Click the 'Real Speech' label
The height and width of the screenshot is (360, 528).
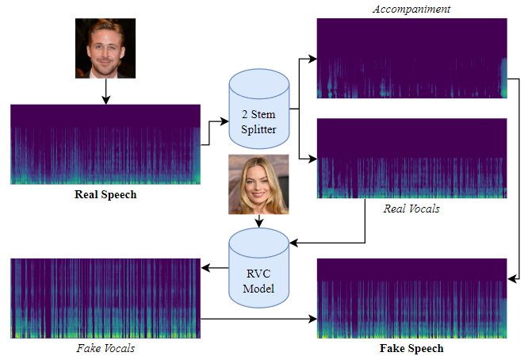105,195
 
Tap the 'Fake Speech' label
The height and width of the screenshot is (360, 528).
411,348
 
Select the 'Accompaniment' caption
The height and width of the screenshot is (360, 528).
411,8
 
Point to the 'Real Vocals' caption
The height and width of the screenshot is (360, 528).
411,209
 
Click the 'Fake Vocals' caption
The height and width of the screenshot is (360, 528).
105,348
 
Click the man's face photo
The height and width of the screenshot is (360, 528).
105,48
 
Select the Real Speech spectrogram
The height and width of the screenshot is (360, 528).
105,144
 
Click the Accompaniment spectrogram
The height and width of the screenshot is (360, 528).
411,57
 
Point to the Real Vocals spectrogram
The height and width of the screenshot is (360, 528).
411,159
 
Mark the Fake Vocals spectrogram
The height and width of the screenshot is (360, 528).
105,298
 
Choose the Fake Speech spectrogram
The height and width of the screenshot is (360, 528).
411,298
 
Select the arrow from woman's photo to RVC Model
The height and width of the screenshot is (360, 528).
257,221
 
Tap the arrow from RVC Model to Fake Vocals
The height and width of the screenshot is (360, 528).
215,268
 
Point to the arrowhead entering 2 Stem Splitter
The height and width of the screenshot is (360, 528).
224,122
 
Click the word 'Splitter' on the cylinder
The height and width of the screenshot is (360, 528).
258,128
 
